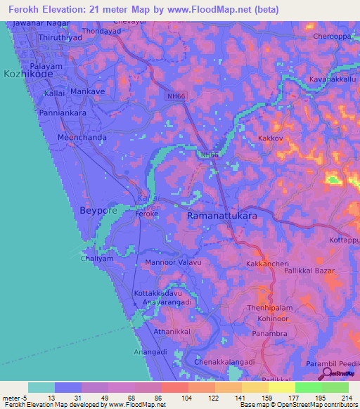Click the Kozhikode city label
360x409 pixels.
point(27,73)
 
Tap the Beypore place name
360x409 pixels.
point(98,211)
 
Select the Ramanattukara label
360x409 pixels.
point(221,217)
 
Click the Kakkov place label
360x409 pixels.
point(270,139)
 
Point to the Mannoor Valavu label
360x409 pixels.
point(173,263)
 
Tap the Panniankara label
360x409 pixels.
point(44,112)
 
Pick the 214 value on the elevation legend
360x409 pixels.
point(347,398)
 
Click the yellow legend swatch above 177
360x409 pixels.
point(281,387)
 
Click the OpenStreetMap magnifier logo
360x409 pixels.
point(327,373)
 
